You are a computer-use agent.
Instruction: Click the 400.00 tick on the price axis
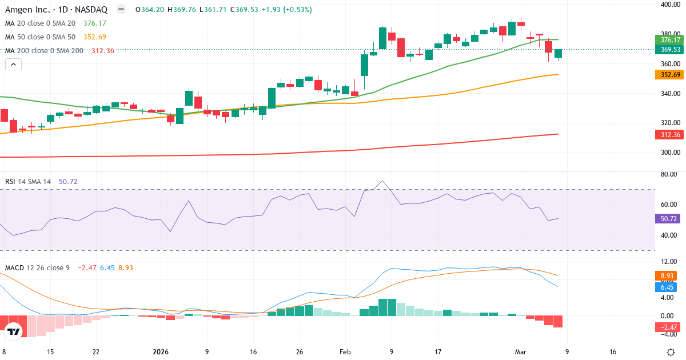[670, 5]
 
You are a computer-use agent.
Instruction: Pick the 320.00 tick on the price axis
[670, 123]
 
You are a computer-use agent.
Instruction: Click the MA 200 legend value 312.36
[102, 50]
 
